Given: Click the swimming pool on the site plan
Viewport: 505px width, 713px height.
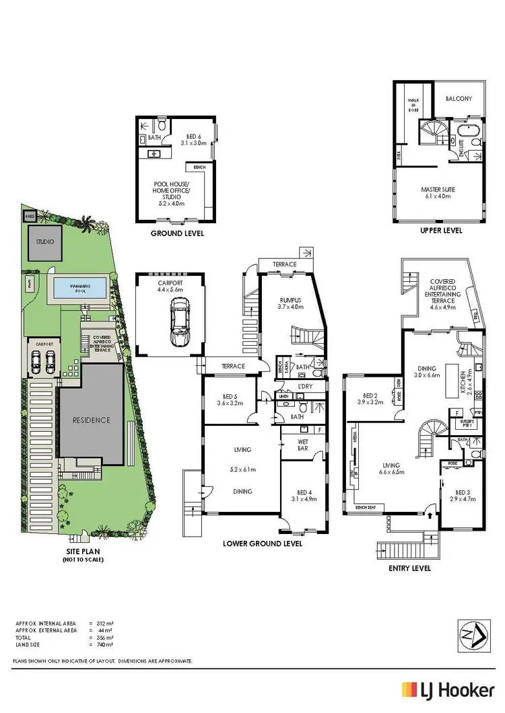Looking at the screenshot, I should [79, 289].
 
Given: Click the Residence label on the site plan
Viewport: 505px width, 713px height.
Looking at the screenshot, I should [92, 420].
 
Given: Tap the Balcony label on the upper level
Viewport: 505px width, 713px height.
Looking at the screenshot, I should [459, 99].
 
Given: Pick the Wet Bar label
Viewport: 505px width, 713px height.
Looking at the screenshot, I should [302, 445].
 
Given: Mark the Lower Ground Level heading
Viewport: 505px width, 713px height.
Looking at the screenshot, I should [262, 543].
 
